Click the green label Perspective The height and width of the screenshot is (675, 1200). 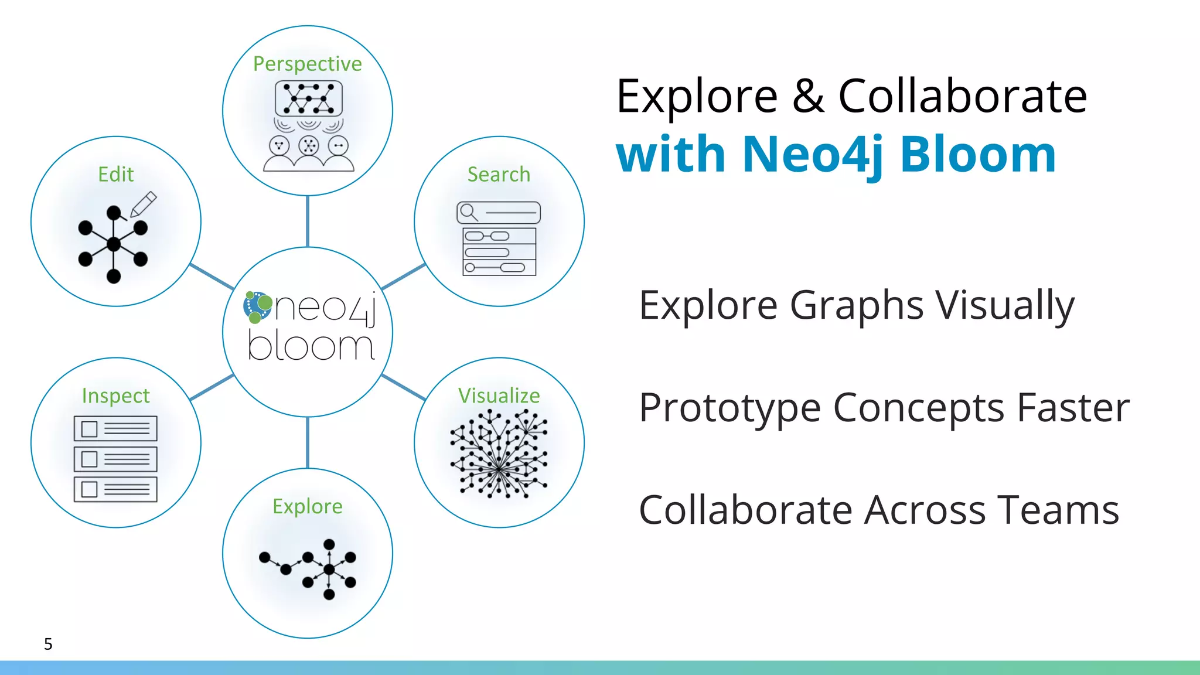tap(307, 64)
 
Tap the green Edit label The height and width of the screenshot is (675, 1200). tap(115, 175)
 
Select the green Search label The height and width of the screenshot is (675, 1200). tap(499, 175)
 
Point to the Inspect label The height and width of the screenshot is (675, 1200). tap(115, 396)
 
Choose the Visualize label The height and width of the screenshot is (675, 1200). tap(499, 396)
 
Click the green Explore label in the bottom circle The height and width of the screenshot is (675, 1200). tap(307, 506)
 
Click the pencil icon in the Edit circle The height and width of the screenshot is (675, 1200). tap(144, 203)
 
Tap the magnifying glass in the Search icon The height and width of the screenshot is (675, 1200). tap(468, 212)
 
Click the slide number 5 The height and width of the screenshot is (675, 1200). tap(48, 644)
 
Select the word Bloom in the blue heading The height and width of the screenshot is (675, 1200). tap(978, 155)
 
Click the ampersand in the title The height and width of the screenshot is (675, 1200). tap(809, 96)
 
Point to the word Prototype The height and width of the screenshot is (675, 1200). tap(729, 408)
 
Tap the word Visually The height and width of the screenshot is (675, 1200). tap(1005, 306)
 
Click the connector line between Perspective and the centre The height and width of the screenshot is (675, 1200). tap(307, 221)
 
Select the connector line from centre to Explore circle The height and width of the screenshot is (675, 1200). tap(307, 443)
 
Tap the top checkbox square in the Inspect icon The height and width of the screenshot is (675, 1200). tap(89, 429)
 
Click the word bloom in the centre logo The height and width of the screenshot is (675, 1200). tap(311, 346)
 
